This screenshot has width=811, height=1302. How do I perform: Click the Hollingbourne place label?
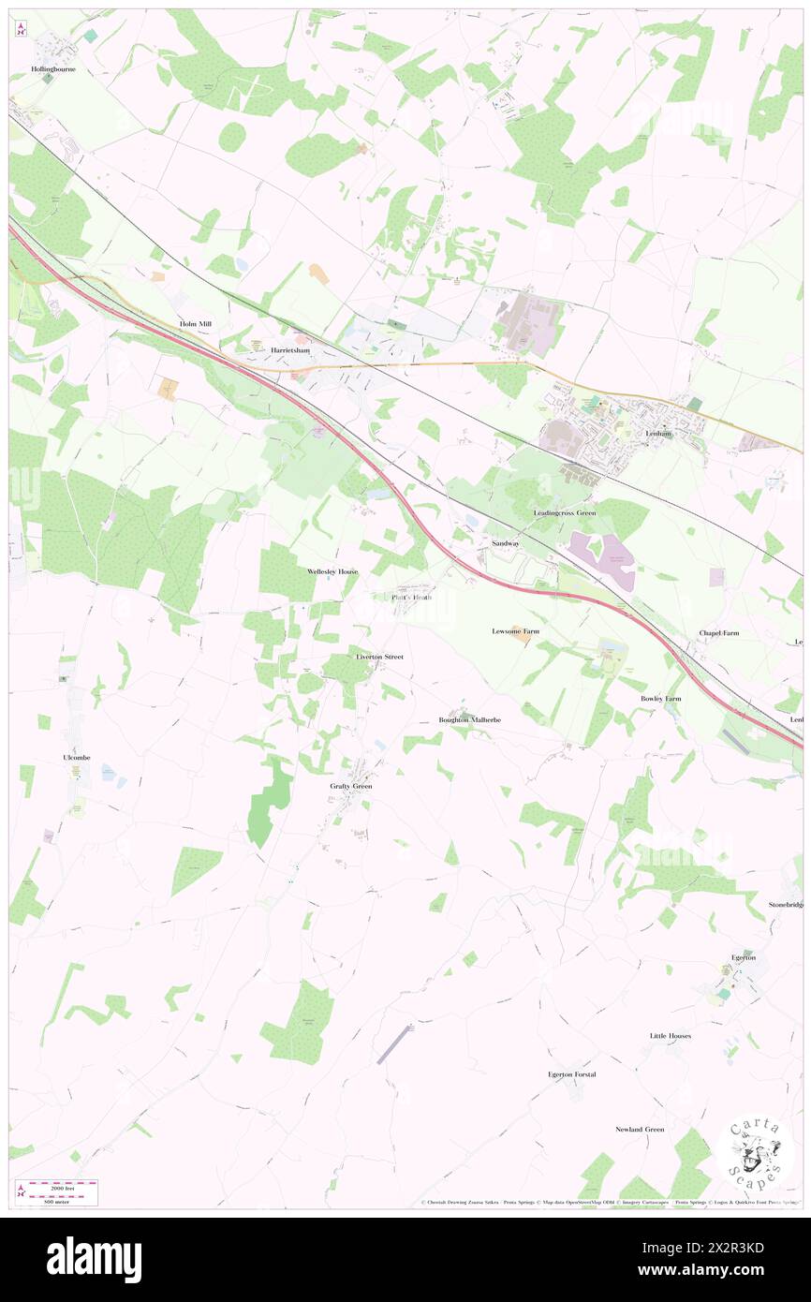pyautogui.click(x=52, y=69)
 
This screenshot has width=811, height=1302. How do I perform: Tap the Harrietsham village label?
pyautogui.click(x=290, y=349)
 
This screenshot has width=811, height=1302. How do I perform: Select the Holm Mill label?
pyautogui.click(x=197, y=324)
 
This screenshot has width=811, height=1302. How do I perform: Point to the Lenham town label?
pyautogui.click(x=661, y=434)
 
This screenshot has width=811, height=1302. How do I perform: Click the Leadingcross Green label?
pyautogui.click(x=564, y=513)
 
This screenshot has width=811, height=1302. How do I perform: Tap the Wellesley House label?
pyautogui.click(x=332, y=570)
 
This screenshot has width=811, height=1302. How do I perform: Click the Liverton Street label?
pyautogui.click(x=379, y=657)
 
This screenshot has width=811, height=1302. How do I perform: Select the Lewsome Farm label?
pyautogui.click(x=516, y=631)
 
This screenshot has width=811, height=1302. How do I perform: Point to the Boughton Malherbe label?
pyautogui.click(x=470, y=719)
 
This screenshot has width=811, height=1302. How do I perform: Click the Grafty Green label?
pyautogui.click(x=350, y=786)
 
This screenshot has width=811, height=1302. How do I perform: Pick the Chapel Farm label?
pyautogui.click(x=719, y=633)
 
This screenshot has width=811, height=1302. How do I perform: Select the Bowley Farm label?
pyautogui.click(x=660, y=699)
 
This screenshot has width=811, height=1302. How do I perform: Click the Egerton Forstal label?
pyautogui.click(x=572, y=1074)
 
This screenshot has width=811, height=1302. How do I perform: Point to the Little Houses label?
pyautogui.click(x=671, y=1035)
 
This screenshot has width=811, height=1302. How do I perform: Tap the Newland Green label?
pyautogui.click(x=640, y=1129)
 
